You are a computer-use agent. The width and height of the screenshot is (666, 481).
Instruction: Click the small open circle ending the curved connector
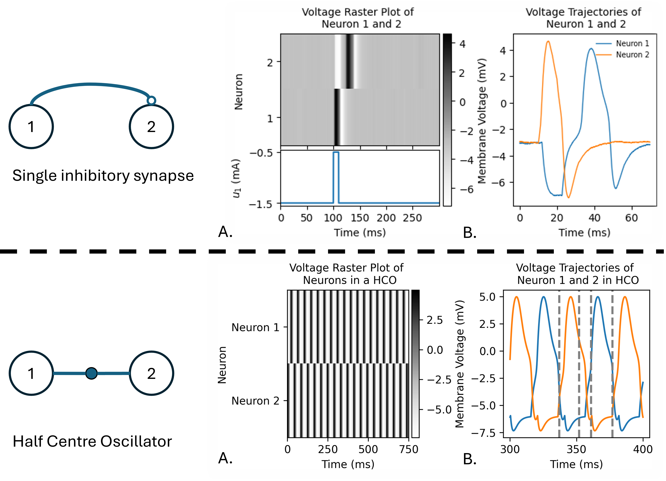[151, 101]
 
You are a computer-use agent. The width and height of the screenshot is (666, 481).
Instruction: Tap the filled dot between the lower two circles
[91, 373]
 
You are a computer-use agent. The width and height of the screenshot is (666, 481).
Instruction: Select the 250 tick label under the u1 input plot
[412, 218]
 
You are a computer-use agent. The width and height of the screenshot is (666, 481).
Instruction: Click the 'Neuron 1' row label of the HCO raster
[255, 327]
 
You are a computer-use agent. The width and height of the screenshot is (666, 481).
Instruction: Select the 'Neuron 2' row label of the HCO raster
[255, 401]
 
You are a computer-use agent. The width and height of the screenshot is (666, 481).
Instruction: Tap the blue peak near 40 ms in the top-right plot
[591, 49]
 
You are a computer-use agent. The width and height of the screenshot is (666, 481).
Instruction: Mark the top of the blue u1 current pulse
[336, 152]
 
